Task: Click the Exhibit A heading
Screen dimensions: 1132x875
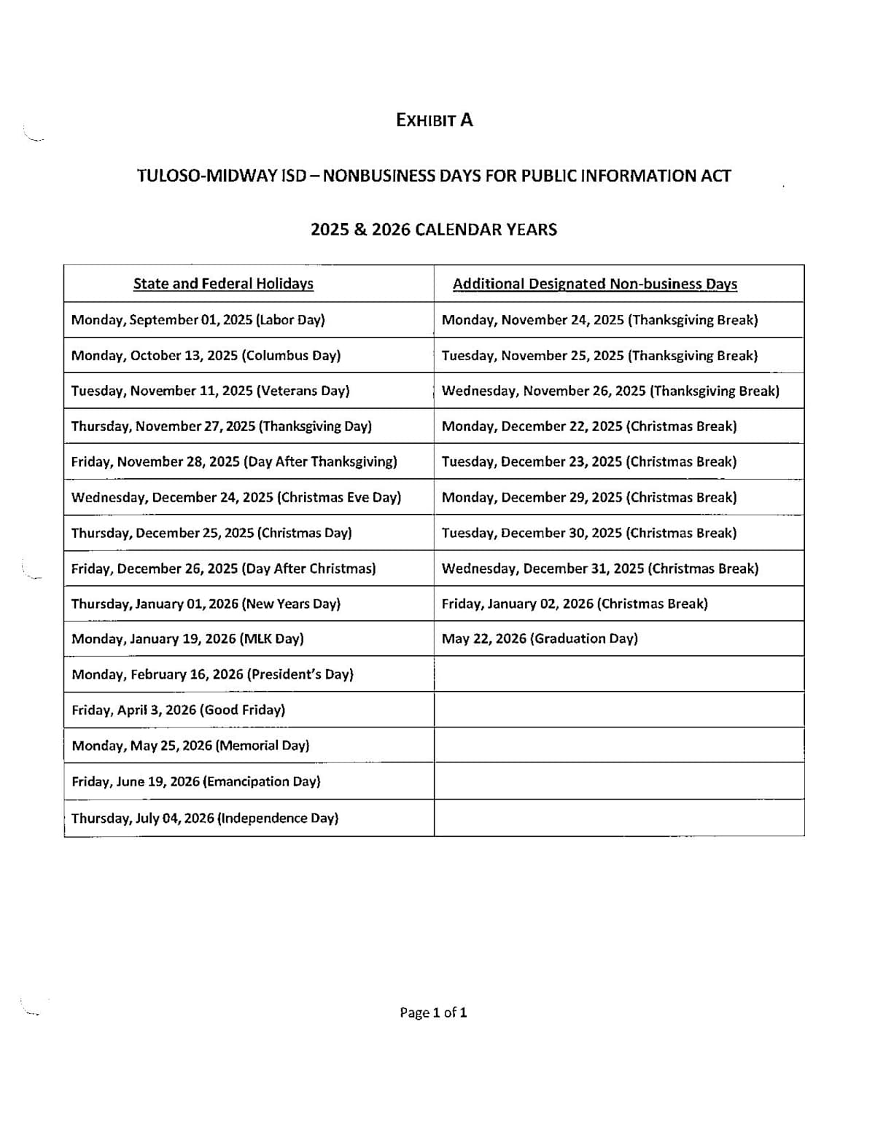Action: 434,120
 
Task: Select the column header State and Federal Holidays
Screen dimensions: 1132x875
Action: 223,284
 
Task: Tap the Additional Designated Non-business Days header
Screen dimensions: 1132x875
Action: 594,284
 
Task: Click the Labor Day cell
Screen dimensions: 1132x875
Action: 198,320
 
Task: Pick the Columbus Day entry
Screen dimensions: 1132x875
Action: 206,356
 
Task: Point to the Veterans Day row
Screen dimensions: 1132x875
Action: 210,391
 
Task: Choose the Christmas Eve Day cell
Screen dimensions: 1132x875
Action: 236,497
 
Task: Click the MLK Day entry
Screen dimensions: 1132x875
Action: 187,639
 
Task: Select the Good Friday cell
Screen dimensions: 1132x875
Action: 178,710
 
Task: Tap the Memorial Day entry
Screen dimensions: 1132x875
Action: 190,746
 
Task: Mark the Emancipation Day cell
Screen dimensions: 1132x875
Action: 195,781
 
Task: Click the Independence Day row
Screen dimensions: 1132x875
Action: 205,818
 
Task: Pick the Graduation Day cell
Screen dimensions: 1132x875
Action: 540,639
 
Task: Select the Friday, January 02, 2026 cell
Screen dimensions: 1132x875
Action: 575,604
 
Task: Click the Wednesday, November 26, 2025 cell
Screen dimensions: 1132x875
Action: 610,391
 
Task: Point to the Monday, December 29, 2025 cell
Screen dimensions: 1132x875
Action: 589,497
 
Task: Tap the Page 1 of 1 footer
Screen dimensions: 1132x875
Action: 433,1012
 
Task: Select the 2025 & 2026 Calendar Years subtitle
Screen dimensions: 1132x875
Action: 434,230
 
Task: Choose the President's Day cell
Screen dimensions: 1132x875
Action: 212,674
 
